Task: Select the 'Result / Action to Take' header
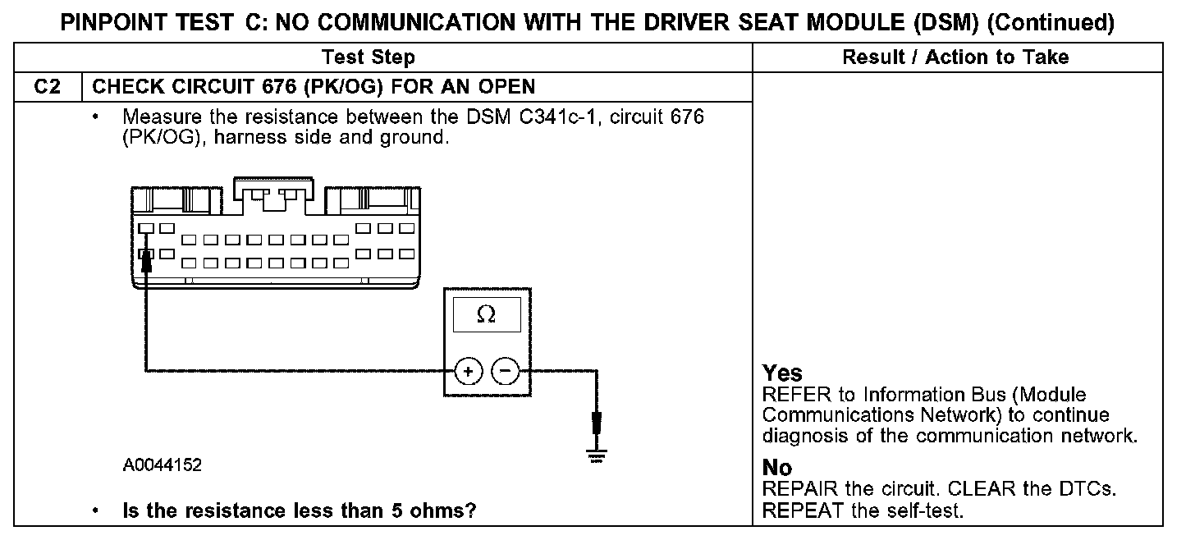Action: (955, 57)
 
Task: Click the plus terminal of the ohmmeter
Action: (468, 372)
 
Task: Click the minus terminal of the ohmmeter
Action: (505, 372)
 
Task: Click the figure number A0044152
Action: (163, 465)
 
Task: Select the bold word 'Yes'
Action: (782, 373)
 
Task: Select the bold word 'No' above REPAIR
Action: (777, 468)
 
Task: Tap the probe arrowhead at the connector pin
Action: (145, 259)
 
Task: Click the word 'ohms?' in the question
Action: (448, 510)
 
